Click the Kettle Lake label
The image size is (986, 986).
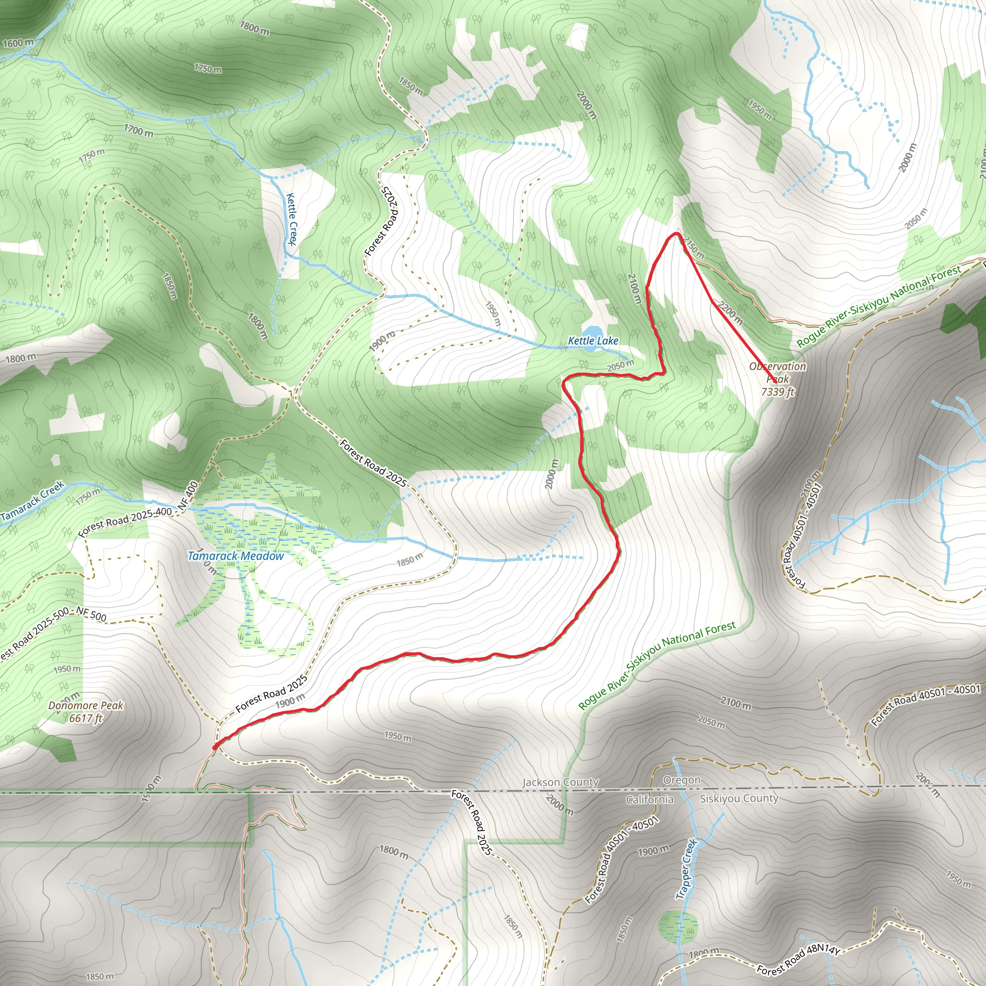pos(593,340)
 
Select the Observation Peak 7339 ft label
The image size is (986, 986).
pos(777,379)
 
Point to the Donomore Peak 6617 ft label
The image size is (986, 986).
pos(86,712)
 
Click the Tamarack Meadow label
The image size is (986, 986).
pos(235,556)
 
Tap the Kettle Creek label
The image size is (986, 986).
pos(291,219)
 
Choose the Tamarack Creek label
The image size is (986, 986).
pos(32,501)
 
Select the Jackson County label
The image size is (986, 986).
pos(560,782)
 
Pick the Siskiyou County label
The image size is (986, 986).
pos(739,798)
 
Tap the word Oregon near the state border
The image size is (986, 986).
pos(681,780)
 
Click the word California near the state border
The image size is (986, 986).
pos(649,799)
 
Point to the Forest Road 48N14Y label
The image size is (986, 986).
pos(798,960)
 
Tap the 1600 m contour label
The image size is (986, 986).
pos(18,43)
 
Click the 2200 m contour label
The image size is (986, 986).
pos(730,312)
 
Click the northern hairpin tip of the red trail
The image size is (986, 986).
pos(676,234)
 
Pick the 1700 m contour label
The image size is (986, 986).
pos(138,130)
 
